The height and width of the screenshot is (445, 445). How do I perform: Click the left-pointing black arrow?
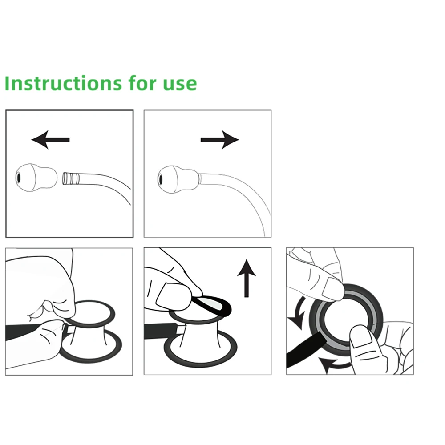pyautogui.click(x=50, y=140)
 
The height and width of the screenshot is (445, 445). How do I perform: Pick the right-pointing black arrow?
pyautogui.click(x=220, y=140)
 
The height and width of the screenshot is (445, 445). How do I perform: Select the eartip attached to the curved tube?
pyautogui.click(x=177, y=179)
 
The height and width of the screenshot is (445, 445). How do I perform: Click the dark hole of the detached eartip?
pyautogui.click(x=19, y=178)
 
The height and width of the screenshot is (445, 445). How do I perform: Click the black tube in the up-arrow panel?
pyautogui.click(x=160, y=331)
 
